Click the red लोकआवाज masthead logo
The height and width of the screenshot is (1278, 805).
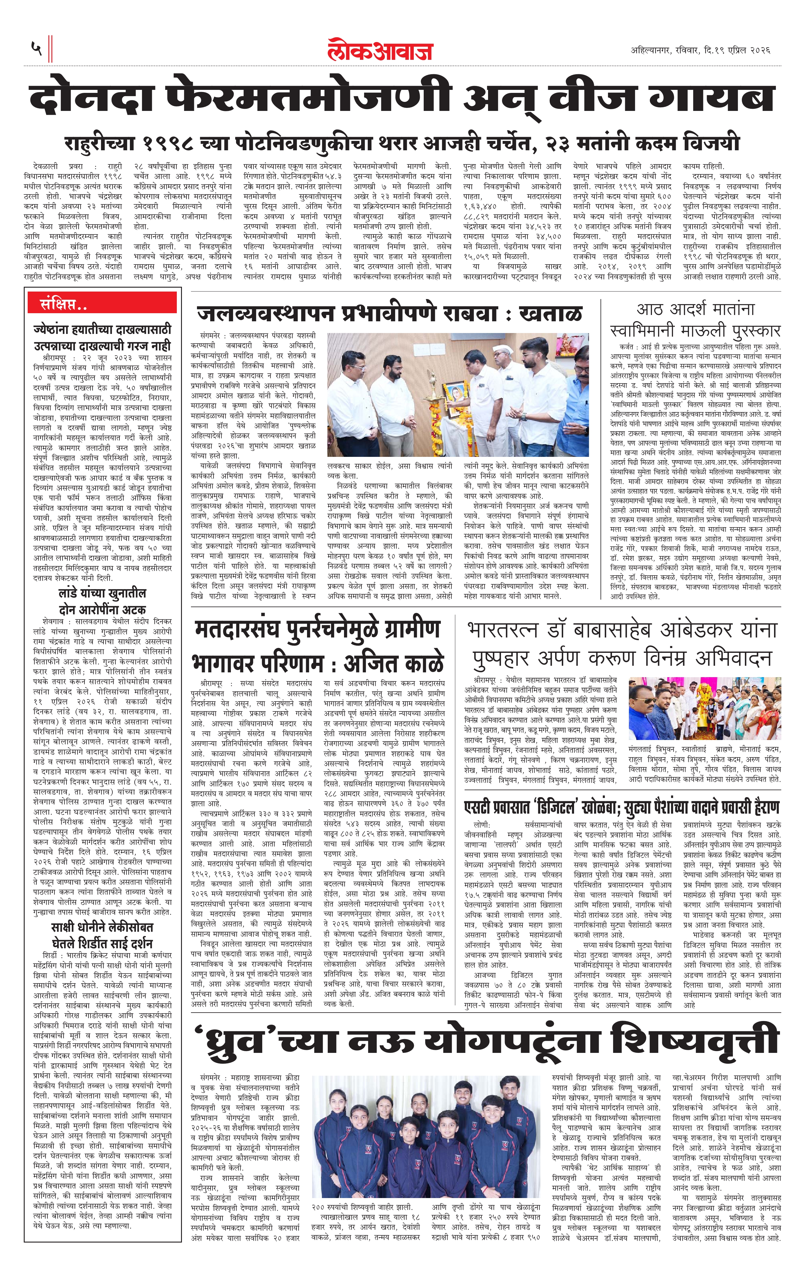point(380,50)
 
